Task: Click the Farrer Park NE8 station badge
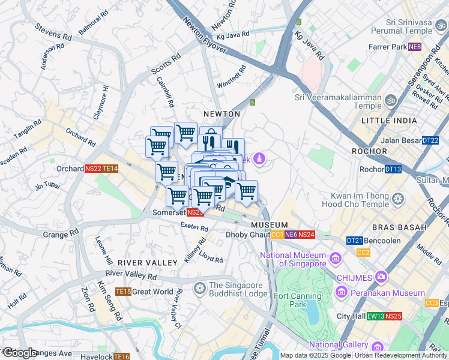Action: coord(415,47)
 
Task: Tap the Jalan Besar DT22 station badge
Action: coord(430,140)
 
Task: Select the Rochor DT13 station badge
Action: coord(393,169)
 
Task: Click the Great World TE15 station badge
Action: coord(123,292)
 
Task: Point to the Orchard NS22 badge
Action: coord(93,169)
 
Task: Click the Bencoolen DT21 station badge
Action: coord(354,241)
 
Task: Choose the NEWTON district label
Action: coord(221,114)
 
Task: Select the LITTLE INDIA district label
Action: coord(389,121)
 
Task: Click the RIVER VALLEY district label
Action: coord(147,263)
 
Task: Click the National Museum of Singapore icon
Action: coord(335,259)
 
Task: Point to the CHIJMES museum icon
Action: coord(380,277)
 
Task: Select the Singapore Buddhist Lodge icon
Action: coord(199,289)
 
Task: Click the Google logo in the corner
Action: coord(19,353)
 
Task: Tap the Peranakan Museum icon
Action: coord(342,293)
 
